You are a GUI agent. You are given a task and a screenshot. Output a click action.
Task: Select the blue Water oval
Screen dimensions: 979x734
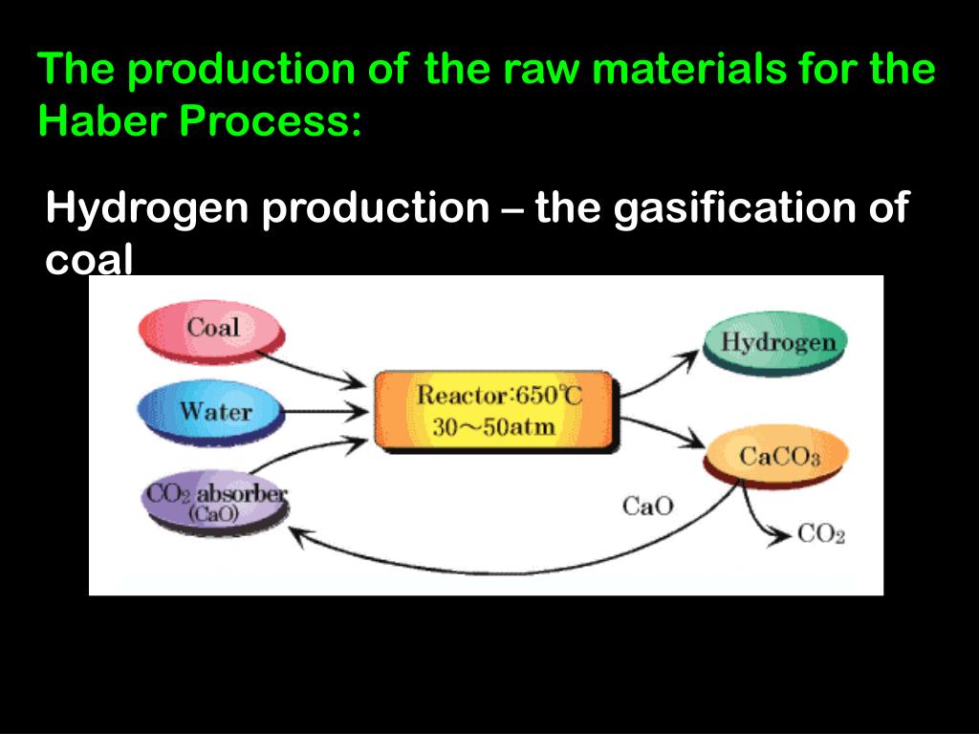[x=212, y=412]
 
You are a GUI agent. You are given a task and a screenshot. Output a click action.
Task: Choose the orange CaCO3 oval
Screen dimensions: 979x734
[x=776, y=457]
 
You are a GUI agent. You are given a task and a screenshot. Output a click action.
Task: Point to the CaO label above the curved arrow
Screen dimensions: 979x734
[x=647, y=506]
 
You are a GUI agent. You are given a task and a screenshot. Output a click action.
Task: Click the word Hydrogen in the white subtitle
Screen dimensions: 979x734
[x=148, y=207]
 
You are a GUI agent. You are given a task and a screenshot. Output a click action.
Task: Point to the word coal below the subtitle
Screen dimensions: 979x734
[x=89, y=260]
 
